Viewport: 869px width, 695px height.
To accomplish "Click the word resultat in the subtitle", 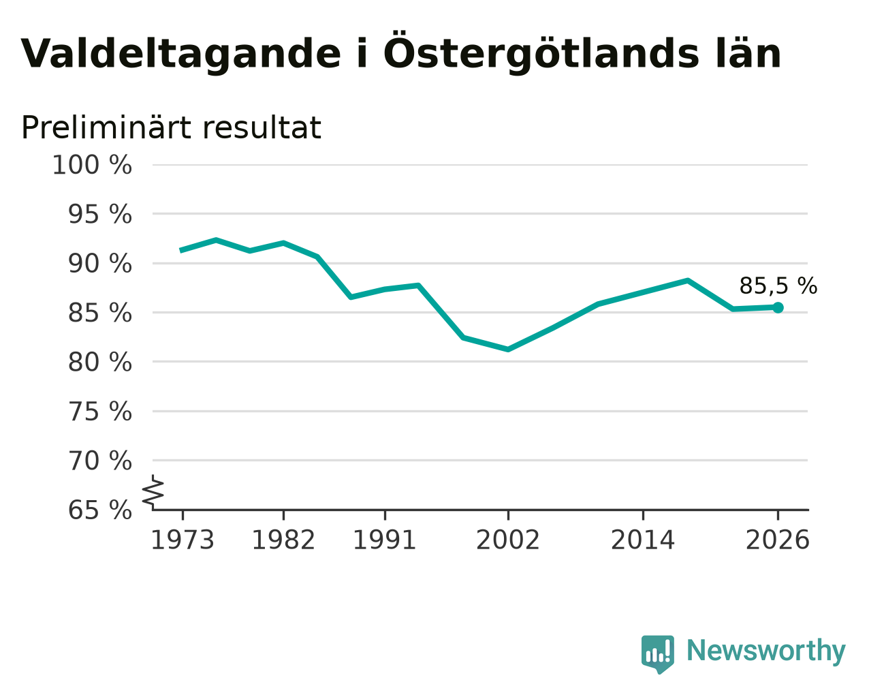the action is (262, 128).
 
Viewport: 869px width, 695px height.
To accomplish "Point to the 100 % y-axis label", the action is (92, 166).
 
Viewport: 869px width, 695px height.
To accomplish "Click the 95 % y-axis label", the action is (99, 214).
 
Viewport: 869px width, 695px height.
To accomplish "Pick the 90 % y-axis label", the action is (99, 264).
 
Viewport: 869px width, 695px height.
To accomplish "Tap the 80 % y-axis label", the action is (99, 362).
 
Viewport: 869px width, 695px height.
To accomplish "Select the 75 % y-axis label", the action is (99, 412).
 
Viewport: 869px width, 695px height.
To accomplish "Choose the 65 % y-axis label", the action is (99, 510).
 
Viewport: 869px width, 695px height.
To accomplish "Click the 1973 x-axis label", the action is (183, 540).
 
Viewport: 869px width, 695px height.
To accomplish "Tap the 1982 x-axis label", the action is (283, 540).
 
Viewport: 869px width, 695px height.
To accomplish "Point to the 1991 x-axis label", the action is (385, 540).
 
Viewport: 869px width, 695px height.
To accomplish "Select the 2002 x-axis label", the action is (508, 540).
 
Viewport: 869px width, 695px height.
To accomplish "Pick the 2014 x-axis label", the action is (643, 540).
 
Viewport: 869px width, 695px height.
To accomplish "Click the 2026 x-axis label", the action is (778, 540).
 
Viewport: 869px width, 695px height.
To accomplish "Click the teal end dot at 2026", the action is (778, 308).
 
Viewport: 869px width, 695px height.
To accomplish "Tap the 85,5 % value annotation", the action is (778, 286).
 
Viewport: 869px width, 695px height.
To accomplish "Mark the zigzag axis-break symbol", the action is (153, 491).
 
